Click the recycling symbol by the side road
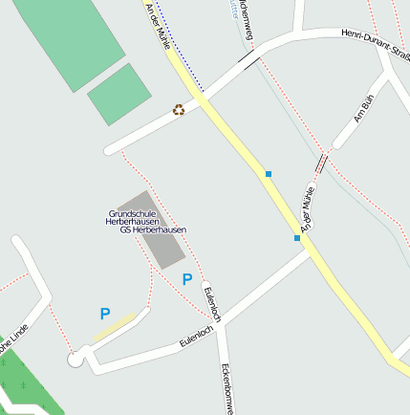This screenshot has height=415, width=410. pos(179,109)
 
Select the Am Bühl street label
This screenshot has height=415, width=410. pos(361,112)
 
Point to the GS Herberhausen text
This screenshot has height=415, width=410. pos(153,230)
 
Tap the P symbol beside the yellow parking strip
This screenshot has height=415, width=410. pos(105,313)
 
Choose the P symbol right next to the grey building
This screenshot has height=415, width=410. pos(187,279)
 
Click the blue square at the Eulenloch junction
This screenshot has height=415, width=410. pos(297,238)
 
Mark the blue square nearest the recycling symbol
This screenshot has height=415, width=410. pos(269,174)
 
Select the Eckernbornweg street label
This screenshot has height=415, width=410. pos(227,387)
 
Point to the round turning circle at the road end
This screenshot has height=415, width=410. pos(76,359)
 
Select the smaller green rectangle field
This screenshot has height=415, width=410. pos(119,94)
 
